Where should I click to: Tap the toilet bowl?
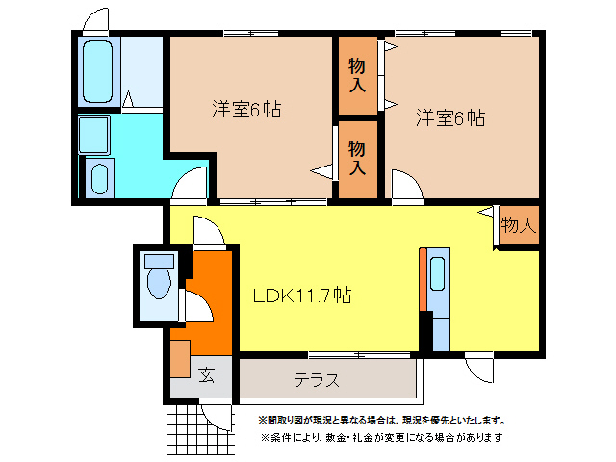[157, 280]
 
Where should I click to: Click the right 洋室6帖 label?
[450, 118]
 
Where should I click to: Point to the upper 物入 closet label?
[357, 75]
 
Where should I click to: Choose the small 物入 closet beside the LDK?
[518, 225]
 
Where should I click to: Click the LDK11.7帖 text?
[301, 295]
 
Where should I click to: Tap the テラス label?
[317, 379]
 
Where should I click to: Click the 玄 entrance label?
[206, 375]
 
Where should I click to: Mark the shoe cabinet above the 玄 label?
[180, 358]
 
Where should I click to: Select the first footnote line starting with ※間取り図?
[380, 420]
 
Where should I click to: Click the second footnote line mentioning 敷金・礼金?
[380, 437]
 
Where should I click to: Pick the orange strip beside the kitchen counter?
[422, 279]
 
